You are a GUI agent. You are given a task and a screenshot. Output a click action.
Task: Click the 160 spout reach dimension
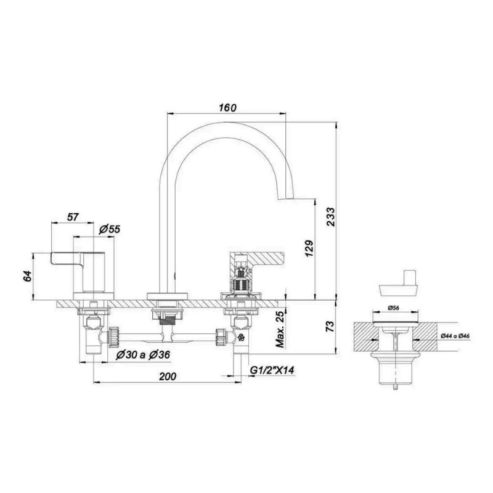click(227, 107)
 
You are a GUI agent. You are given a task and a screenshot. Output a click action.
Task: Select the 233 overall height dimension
click(331, 216)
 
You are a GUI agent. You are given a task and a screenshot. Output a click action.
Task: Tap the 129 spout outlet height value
click(309, 249)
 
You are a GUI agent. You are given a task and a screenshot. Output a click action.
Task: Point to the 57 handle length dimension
click(72, 217)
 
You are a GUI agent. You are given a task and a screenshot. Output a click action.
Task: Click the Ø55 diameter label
click(110, 229)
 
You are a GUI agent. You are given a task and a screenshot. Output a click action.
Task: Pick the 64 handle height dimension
click(28, 275)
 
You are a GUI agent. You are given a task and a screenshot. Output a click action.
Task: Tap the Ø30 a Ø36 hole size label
click(143, 355)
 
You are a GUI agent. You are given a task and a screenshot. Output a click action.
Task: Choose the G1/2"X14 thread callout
click(272, 370)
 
